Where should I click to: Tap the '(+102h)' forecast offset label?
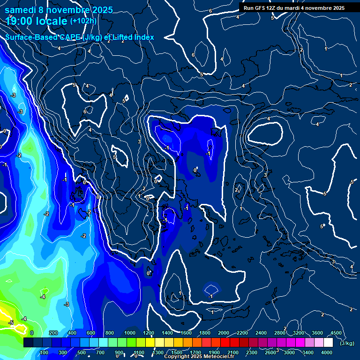pyautogui.click(x=83, y=21)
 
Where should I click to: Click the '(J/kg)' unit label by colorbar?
pyautogui.click(x=347, y=344)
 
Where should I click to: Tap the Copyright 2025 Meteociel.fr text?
pyautogui.click(x=199, y=357)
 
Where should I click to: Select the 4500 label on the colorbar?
pyautogui.click(x=336, y=333)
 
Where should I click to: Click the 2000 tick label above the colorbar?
pyautogui.click(x=223, y=333)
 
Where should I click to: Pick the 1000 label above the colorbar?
pyautogui.click(x=129, y=333)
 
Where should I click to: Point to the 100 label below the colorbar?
pyautogui.click(x=45, y=352)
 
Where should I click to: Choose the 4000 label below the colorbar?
pyautogui.click(x=327, y=352)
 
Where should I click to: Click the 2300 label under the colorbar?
pyautogui.click(x=251, y=352)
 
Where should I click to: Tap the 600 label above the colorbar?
pyautogui.click(x=91, y=333)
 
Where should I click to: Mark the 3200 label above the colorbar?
pyautogui.click(x=299, y=333)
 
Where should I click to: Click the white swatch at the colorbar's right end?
pyautogui.click(x=328, y=343)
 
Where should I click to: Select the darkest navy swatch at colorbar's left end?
pyautogui.click(x=29, y=343)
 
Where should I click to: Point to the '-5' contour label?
pyautogui.click(x=11, y=323)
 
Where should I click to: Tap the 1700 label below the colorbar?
pyautogui.click(x=195, y=352)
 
